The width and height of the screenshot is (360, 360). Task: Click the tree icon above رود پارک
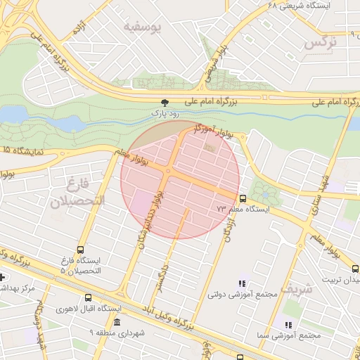pos(165,102)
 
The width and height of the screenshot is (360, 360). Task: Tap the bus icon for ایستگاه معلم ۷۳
pos(243,198)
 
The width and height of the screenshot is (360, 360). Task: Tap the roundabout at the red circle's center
pos(168,171)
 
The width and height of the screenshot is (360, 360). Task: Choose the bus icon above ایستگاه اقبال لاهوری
pos(88,297)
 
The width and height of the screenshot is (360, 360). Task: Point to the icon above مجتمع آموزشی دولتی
pos(242,283)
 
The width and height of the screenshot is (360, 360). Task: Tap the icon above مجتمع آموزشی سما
pos(288,324)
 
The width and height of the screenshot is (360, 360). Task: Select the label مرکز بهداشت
pos(18,288)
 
